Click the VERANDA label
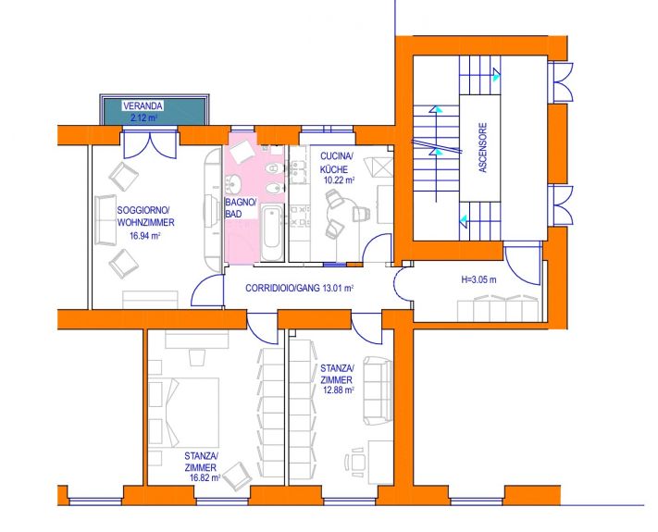tap(143, 106)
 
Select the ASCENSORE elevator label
tap(482, 147)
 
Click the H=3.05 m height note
tap(478, 279)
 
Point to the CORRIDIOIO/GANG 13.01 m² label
tap(300, 289)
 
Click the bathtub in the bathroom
tap(271, 232)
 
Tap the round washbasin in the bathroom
tap(234, 184)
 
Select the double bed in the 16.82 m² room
tap(184, 413)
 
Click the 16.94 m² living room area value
tap(145, 236)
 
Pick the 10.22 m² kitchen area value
tap(339, 180)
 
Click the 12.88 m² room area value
tap(338, 390)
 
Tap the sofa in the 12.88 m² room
tap(378, 390)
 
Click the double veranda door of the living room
tap(150, 144)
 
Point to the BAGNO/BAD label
tap(241, 208)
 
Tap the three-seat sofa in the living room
tap(106, 219)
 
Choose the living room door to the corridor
tap(207, 291)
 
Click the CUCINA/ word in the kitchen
tap(337, 156)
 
